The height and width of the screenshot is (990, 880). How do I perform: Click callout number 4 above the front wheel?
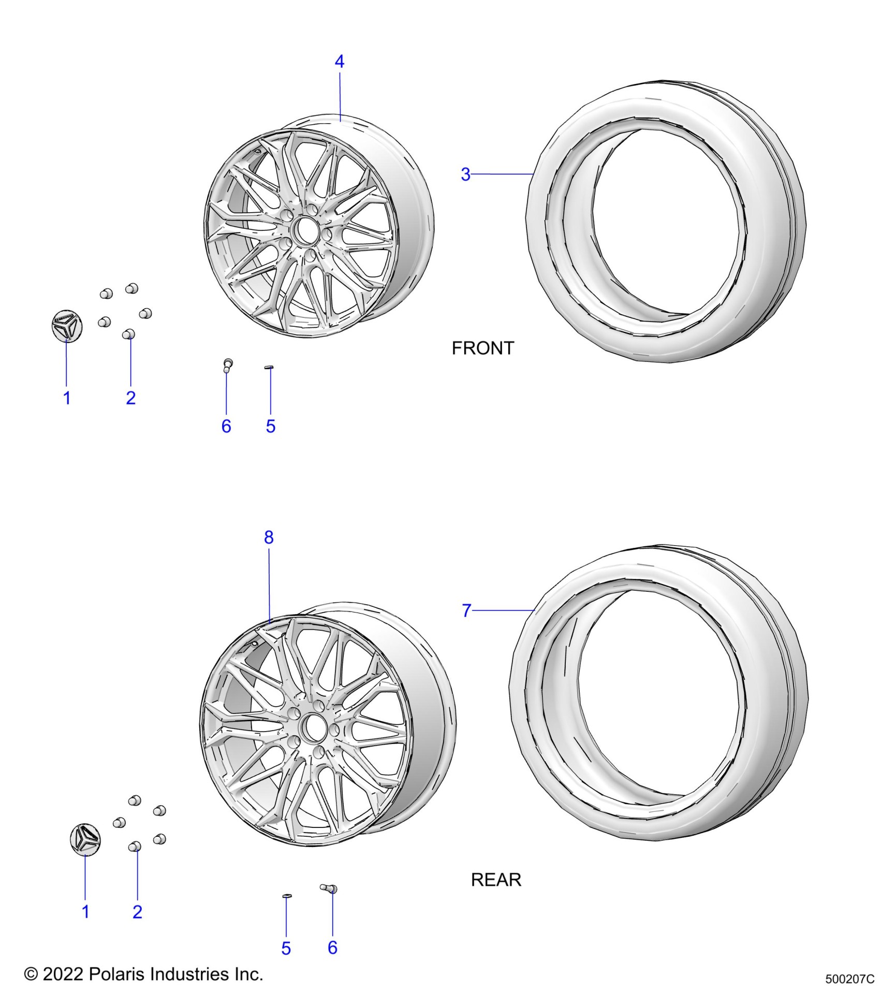point(339,62)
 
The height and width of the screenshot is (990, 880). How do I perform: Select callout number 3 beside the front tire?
point(466,174)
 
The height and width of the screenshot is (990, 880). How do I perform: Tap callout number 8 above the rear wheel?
point(269,537)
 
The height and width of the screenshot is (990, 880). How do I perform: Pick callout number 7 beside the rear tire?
point(467,610)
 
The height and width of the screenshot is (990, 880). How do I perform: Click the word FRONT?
point(483,348)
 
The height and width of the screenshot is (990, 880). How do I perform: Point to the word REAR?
point(496,880)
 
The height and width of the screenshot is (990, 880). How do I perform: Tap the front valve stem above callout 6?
point(227,365)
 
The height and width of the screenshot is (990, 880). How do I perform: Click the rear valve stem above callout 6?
point(329,889)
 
